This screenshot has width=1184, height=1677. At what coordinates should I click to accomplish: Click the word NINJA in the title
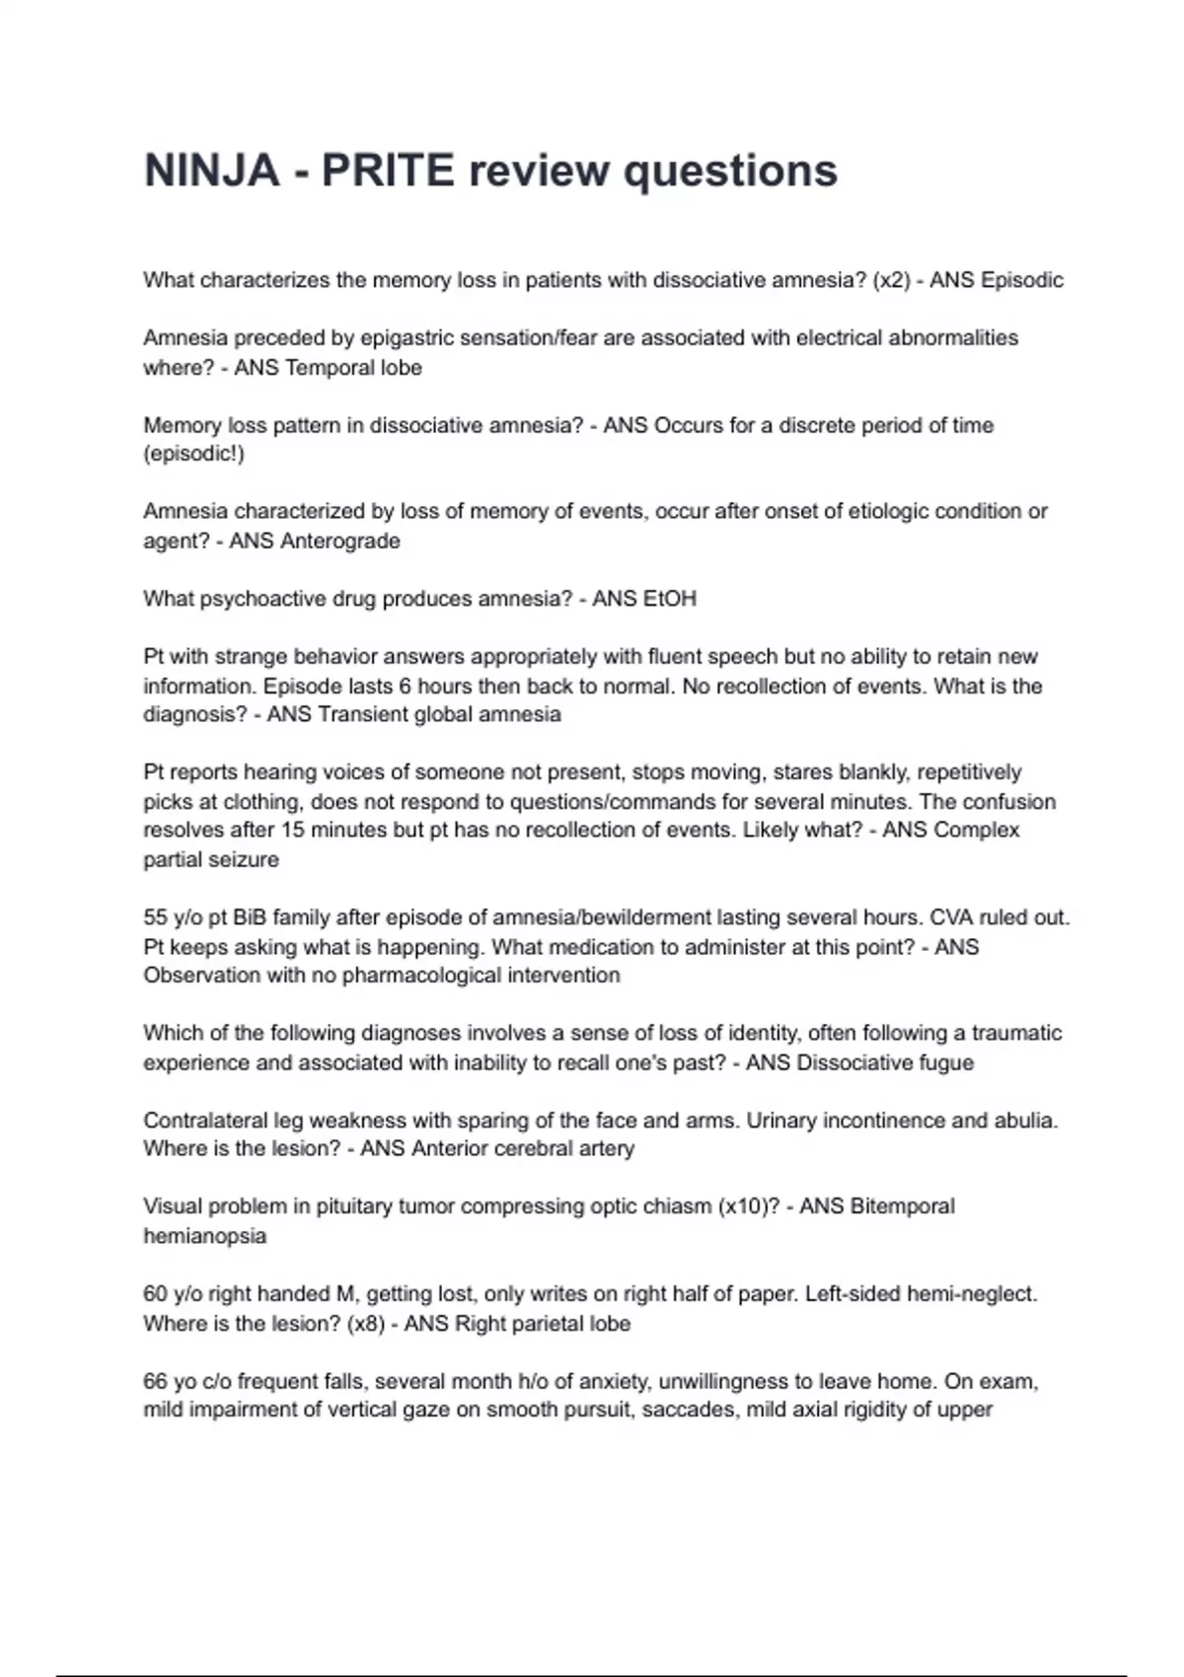(x=212, y=171)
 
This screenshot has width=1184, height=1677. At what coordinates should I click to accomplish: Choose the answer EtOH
(x=670, y=599)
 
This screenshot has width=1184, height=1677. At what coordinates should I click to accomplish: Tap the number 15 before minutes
(x=293, y=831)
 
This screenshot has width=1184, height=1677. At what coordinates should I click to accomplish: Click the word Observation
(x=194, y=976)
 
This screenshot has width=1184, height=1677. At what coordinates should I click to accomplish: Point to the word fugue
(x=946, y=1062)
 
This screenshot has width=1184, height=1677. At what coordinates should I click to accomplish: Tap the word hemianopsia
(x=204, y=1236)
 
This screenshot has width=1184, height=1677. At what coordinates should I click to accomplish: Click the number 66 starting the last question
(x=155, y=1381)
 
